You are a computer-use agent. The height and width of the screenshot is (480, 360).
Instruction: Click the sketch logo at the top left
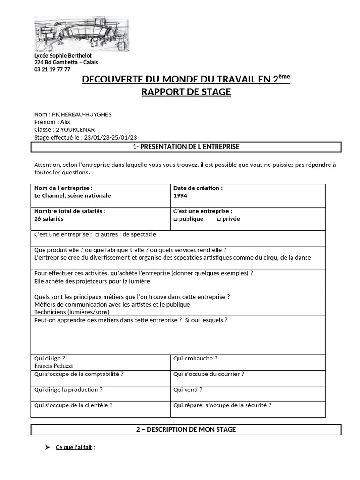tap(82, 34)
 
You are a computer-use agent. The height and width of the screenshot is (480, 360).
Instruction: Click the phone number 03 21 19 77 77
tap(52, 69)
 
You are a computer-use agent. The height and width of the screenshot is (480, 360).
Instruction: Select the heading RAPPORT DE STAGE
tap(186, 92)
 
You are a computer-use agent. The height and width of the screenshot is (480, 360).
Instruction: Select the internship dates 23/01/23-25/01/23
tap(111, 137)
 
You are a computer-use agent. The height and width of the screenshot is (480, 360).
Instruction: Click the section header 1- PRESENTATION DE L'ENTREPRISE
tap(186, 147)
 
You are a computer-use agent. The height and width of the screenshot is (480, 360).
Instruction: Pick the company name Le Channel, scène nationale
tap(73, 196)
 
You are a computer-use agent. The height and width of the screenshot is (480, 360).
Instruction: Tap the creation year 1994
tap(180, 196)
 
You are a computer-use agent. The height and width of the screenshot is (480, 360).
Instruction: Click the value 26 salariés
tap(49, 219)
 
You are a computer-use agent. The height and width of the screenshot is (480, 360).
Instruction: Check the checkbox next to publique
tap(175, 219)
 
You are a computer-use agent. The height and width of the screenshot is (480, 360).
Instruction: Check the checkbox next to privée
tap(219, 219)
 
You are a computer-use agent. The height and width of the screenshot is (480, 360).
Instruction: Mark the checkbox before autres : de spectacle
tap(97, 234)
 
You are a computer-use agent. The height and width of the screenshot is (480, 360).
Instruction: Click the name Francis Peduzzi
tap(53, 366)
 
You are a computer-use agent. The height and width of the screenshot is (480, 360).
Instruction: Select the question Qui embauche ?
tap(195, 359)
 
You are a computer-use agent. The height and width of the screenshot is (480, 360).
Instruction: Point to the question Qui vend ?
tap(187, 390)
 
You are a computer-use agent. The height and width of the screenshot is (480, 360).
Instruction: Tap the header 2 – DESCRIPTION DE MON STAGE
tap(186, 429)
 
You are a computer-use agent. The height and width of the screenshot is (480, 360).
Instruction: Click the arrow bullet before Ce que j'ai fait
tap(47, 447)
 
